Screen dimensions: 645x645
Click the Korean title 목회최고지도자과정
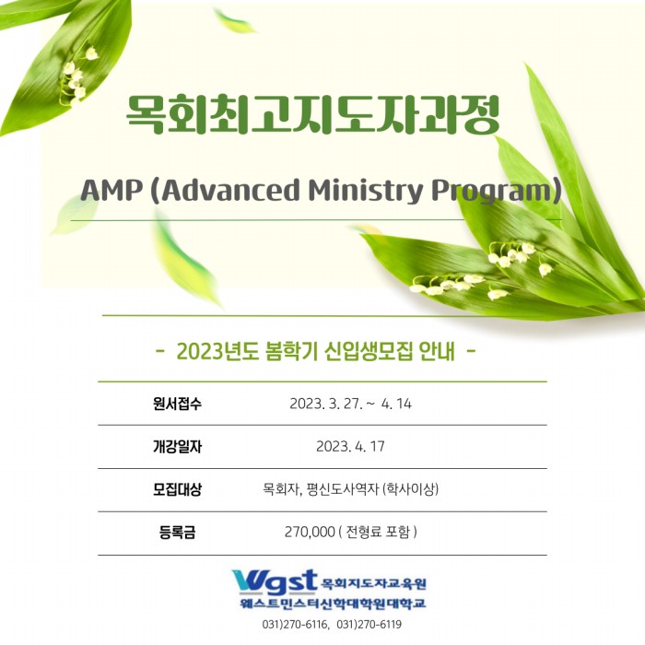click(312, 115)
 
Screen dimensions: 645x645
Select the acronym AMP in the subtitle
click(111, 191)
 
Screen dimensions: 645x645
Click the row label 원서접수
click(177, 404)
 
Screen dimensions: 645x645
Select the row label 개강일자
click(177, 446)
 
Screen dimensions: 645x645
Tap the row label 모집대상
click(177, 489)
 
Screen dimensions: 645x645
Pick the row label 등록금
click(177, 533)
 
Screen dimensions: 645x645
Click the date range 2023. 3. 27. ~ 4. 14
click(350, 404)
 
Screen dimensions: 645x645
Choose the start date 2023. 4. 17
click(350, 446)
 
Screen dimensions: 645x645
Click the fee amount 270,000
click(310, 532)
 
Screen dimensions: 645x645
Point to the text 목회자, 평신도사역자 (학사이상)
click(350, 489)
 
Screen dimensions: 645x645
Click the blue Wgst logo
click(275, 582)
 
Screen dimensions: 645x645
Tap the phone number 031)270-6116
click(295, 625)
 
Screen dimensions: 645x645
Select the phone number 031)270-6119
click(369, 625)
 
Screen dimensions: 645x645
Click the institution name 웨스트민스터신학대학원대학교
click(333, 604)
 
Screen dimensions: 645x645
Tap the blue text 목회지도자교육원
click(373, 583)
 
